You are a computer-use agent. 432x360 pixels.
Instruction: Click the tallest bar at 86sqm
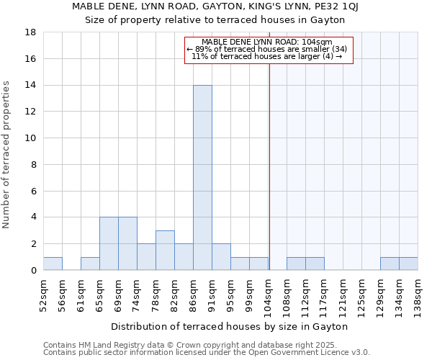click(x=202, y=178)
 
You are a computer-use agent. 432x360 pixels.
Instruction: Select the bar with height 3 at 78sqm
click(x=165, y=251)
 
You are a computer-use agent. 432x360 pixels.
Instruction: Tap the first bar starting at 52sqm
click(x=53, y=264)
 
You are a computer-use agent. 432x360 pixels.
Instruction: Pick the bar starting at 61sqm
click(x=90, y=264)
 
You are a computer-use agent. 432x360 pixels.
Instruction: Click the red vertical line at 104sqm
click(x=269, y=166)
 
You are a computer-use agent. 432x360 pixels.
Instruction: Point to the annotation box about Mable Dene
click(x=269, y=50)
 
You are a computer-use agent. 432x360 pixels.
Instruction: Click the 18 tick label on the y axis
click(x=31, y=32)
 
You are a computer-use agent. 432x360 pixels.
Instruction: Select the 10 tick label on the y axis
click(x=31, y=138)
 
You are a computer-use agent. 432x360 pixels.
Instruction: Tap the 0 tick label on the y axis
click(x=33, y=271)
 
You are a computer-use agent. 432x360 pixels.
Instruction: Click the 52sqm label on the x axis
click(x=44, y=293)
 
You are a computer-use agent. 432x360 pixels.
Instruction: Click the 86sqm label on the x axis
click(x=194, y=293)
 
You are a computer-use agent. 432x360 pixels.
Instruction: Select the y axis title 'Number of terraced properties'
click(x=7, y=155)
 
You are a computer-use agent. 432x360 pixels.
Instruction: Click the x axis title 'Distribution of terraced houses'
click(x=230, y=326)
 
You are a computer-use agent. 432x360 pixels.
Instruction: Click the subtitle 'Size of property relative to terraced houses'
click(x=215, y=19)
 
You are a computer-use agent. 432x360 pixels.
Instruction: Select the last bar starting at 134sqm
click(x=408, y=264)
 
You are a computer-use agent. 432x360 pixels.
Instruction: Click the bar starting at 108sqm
click(x=296, y=264)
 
